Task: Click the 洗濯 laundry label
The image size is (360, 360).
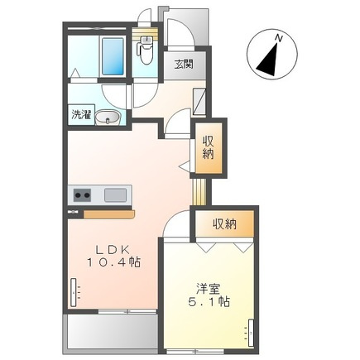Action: pyautogui.click(x=80, y=115)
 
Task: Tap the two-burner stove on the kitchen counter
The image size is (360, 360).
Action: pyautogui.click(x=83, y=195)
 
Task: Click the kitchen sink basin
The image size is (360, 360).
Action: pyautogui.click(x=115, y=195)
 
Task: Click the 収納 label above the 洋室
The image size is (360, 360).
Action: pyautogui.click(x=224, y=223)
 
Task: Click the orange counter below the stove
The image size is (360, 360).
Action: pyautogui.click(x=108, y=214)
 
